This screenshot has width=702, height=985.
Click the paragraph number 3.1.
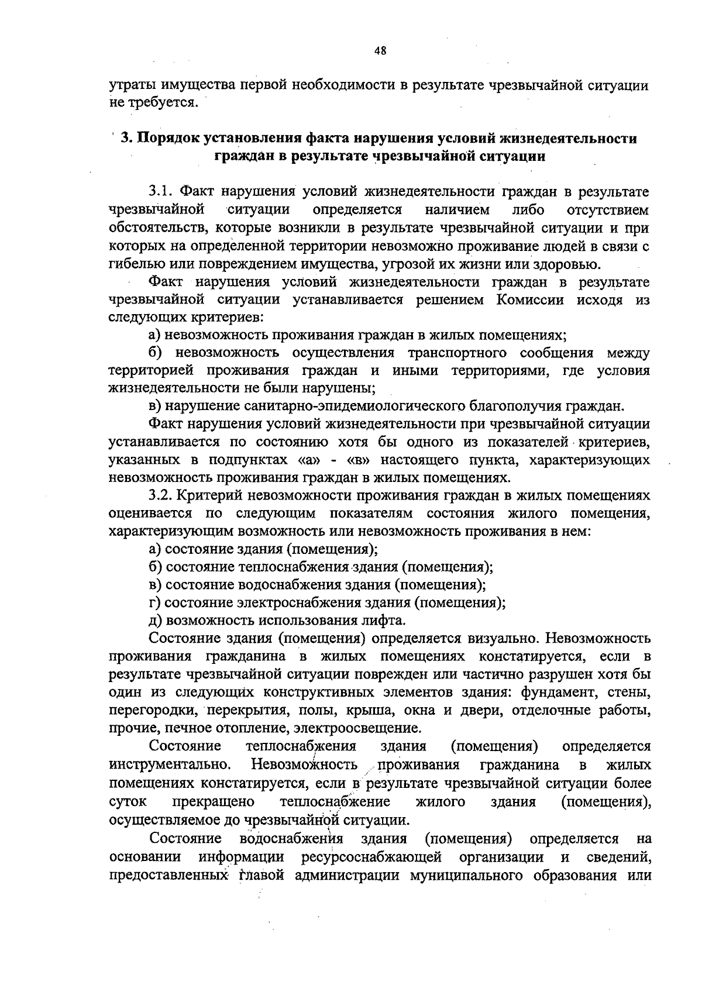pos(161,192)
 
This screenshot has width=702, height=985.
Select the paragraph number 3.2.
pos(161,495)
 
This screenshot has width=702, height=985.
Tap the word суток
pos(128,801)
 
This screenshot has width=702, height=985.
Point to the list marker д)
pos(156,620)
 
